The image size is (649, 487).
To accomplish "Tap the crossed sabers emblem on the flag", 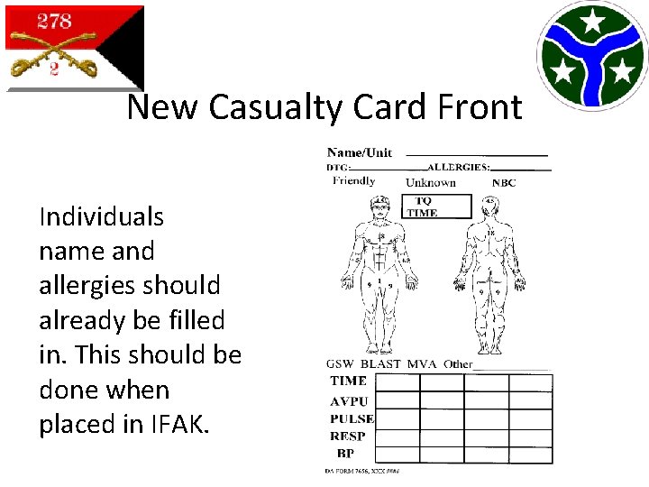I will click(53, 51).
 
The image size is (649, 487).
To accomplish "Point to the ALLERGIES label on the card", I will click(459, 167).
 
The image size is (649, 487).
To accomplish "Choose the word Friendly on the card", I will click(353, 180).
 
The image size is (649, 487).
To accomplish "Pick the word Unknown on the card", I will click(430, 182).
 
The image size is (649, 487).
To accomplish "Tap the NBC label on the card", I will click(504, 182).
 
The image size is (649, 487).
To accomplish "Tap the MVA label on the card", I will click(421, 364).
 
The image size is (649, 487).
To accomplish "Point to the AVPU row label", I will click(349, 400).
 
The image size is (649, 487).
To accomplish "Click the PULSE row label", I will click(352, 418).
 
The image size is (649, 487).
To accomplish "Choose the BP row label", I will click(345, 453).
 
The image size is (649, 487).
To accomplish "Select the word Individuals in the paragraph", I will click(101, 216).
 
